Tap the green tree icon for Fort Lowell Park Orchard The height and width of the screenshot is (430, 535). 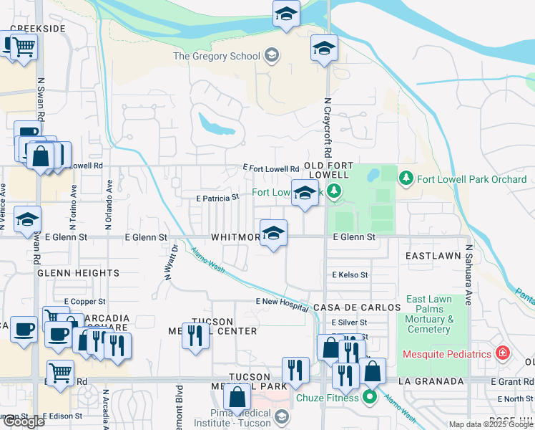coord(406,177)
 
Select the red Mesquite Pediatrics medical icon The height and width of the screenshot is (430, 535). coord(503,354)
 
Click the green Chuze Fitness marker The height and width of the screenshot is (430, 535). coord(370,396)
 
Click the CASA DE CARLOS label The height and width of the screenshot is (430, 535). coord(357,307)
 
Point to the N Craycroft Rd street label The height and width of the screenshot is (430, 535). coord(328,128)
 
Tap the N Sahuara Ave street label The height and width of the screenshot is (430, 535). coord(469,274)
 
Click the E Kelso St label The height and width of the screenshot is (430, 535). coord(350,274)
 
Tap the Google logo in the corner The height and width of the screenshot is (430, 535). coord(23,421)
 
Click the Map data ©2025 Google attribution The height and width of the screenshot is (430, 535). coord(490,424)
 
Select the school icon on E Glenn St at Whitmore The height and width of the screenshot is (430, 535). coord(273,233)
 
